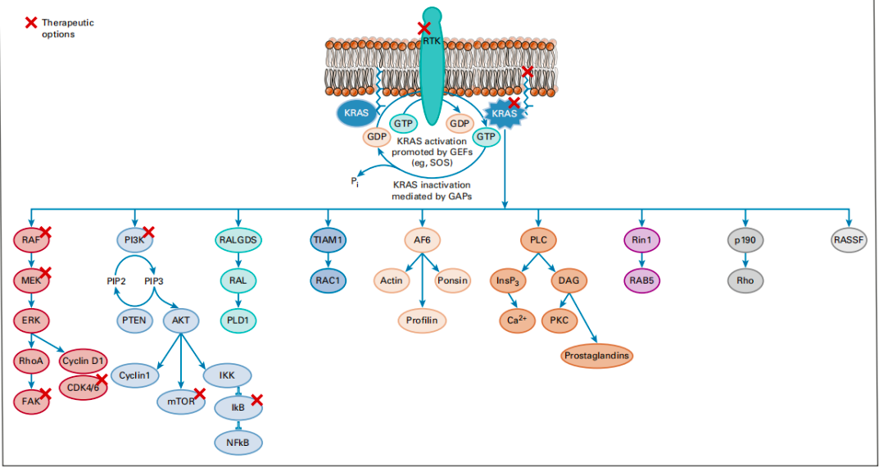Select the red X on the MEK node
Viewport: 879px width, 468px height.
45,273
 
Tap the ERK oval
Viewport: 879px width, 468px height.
31,320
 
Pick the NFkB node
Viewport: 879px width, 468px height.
238,443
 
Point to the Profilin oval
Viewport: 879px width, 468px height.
422,320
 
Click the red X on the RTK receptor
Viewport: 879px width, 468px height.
424,28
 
